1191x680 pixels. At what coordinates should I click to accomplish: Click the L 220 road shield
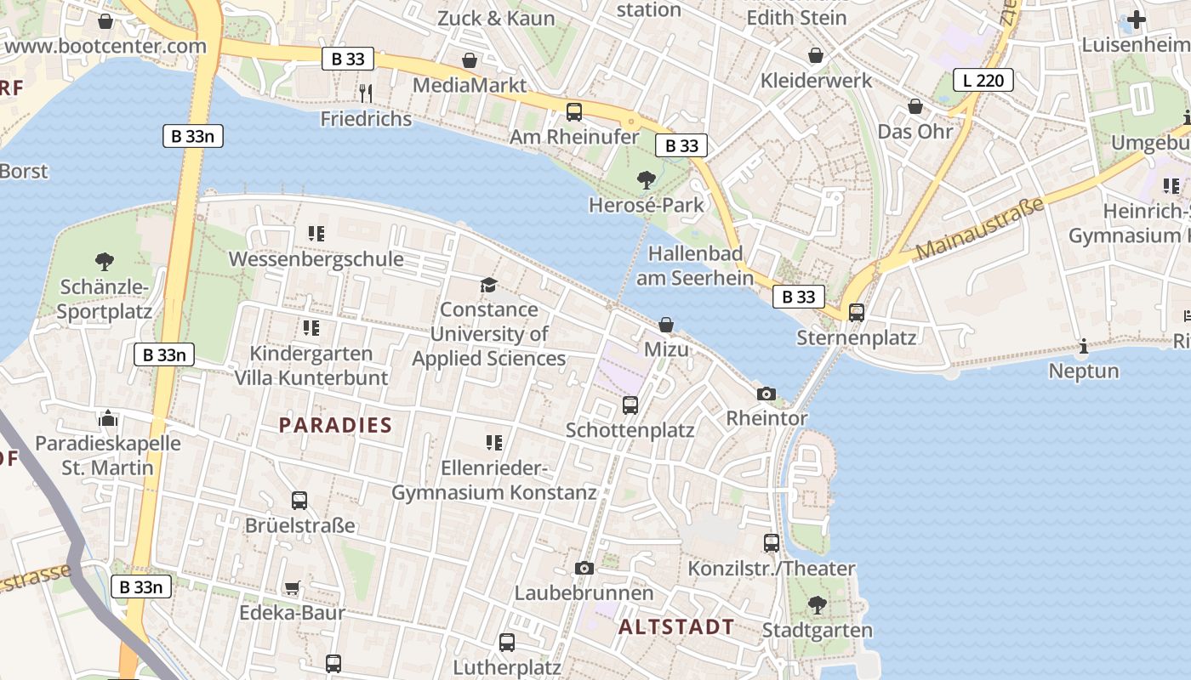pos(983,81)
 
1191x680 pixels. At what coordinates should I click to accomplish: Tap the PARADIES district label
pos(335,425)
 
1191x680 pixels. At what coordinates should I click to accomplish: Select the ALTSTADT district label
pos(676,627)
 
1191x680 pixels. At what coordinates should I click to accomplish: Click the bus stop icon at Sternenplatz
pos(857,313)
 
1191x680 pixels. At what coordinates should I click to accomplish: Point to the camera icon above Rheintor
pos(766,394)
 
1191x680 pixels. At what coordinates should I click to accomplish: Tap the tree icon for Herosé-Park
pos(647,179)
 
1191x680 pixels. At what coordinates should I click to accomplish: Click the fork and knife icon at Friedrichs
pos(366,92)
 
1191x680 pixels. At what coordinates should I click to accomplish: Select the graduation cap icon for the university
pos(488,284)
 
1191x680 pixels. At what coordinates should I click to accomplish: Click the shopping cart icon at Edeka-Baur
pos(292,587)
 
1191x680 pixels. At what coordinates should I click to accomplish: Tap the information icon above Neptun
pos(1084,346)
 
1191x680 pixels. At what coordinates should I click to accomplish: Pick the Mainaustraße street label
pos(979,228)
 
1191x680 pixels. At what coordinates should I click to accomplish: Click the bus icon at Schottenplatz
pos(630,405)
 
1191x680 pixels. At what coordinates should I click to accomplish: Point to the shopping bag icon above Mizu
pos(666,325)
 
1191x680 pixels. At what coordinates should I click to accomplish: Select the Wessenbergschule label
pos(316,258)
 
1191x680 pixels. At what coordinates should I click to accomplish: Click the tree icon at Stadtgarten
pos(817,605)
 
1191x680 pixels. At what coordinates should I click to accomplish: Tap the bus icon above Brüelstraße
pos(299,501)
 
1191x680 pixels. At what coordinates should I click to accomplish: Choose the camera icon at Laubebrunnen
pos(584,568)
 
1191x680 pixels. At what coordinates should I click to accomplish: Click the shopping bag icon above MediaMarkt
pos(469,60)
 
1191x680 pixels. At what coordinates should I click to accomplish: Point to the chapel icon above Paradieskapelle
pos(108,418)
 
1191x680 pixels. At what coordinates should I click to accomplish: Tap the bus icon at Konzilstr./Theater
pos(772,543)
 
